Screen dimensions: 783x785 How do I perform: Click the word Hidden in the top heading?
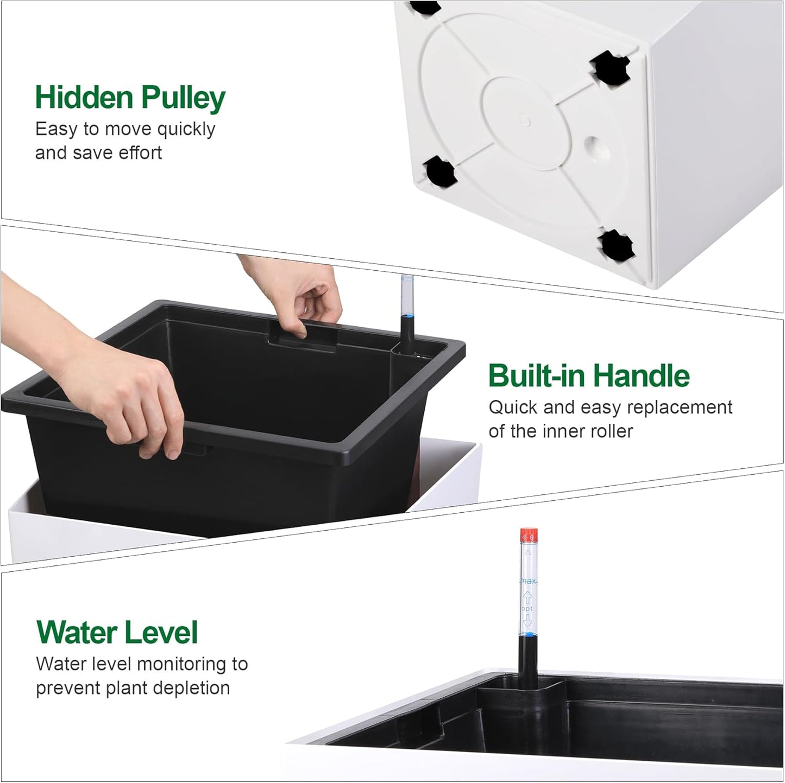tap(84, 98)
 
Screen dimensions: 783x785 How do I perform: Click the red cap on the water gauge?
tap(529, 536)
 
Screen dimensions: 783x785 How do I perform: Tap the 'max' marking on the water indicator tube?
tap(529, 581)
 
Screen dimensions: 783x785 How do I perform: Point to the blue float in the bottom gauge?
tap(527, 634)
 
